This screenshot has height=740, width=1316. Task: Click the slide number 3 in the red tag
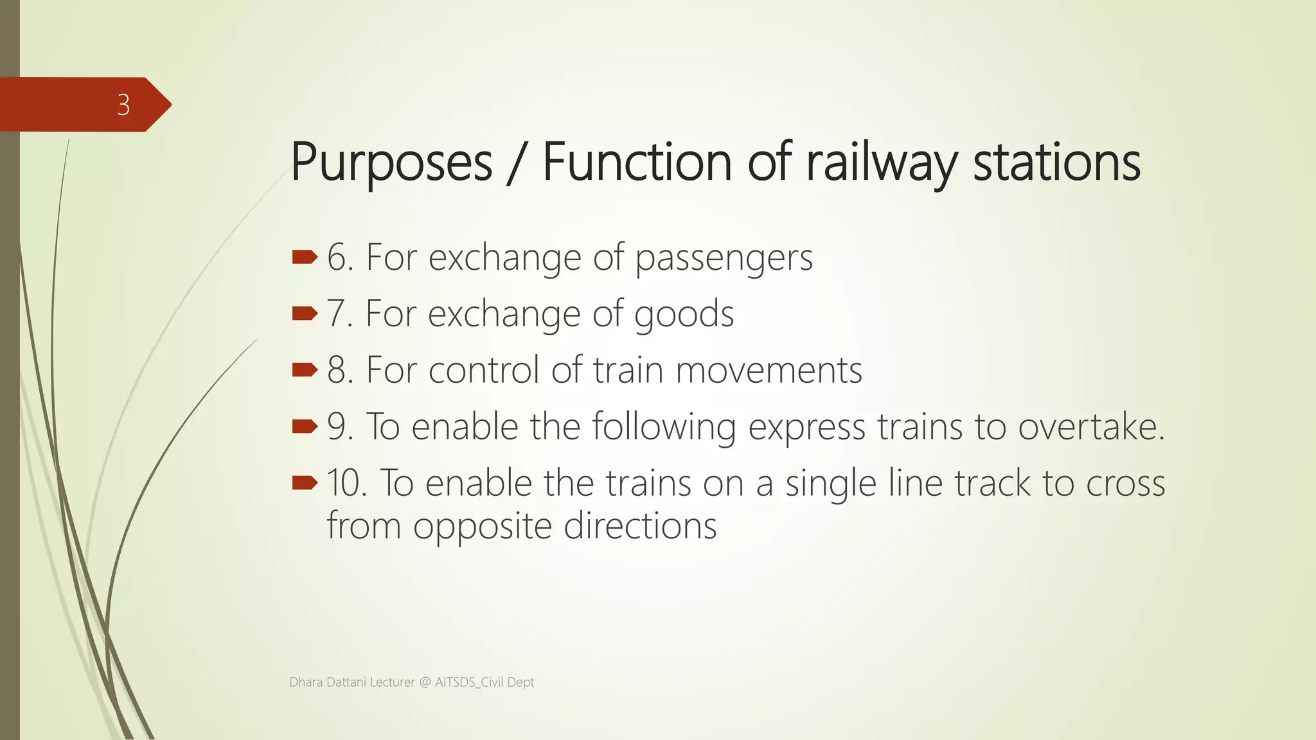pyautogui.click(x=123, y=105)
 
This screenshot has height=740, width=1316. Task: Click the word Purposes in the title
pyautogui.click(x=391, y=163)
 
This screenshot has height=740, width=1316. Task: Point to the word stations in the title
pyautogui.click(x=1056, y=163)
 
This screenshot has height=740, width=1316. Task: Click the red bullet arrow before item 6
pyautogui.click(x=305, y=258)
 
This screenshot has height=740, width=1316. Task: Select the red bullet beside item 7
pyautogui.click(x=305, y=313)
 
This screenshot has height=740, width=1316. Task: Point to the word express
pyautogui.click(x=806, y=428)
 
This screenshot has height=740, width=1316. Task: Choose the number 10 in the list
pyautogui.click(x=346, y=483)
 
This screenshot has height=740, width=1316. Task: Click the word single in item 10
pyautogui.click(x=830, y=484)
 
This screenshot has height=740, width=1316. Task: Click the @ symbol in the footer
pyautogui.click(x=425, y=682)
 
